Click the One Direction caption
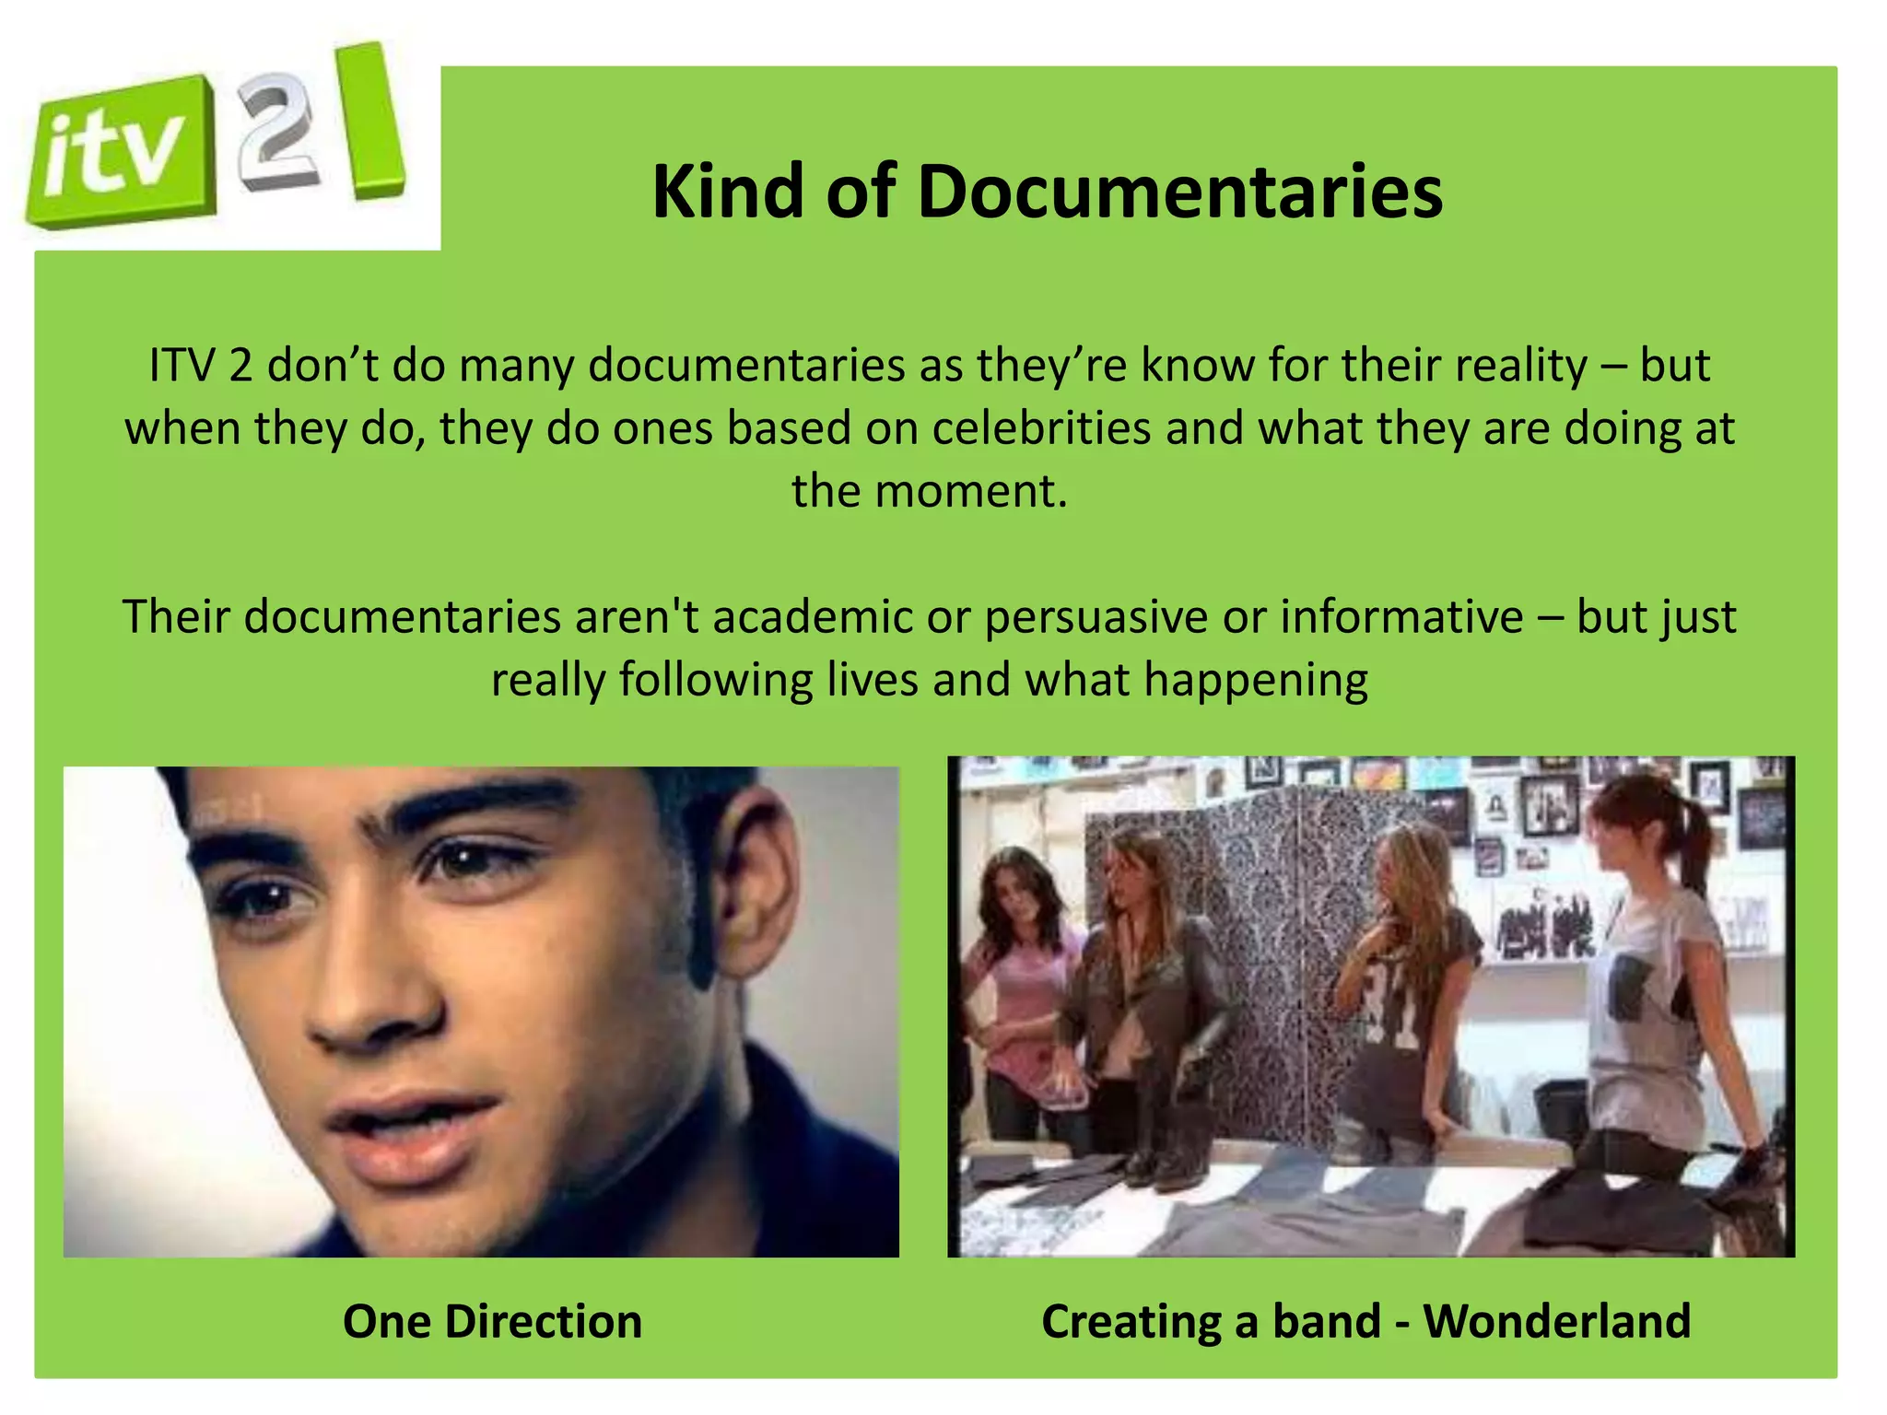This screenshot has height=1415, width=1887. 492,1321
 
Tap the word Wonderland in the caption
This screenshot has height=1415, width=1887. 1556,1321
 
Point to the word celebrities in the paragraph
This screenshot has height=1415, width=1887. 1041,428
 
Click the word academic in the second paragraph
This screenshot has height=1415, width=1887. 812,616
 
